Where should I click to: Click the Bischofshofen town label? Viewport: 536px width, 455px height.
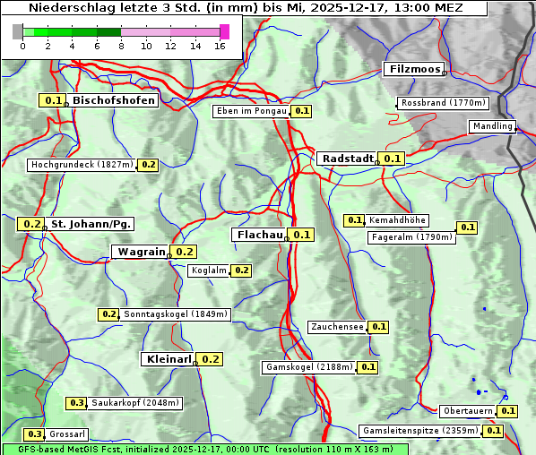tap(114, 101)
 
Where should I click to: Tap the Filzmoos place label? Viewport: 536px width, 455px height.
tap(413, 69)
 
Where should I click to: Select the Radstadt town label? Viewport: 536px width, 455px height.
tap(347, 159)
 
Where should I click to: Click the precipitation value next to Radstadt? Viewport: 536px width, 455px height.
tap(392, 159)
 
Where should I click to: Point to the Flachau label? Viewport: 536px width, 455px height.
tap(258, 235)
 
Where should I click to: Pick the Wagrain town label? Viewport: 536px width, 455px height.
tap(141, 252)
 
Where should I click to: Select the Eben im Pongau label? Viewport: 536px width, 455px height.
tap(251, 111)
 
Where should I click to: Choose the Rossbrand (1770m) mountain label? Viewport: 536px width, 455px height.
tap(443, 103)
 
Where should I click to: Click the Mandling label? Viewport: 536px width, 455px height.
tap(491, 126)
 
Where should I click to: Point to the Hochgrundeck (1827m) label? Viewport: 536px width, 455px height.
tap(82, 165)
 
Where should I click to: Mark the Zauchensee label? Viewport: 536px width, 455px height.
tap(337, 327)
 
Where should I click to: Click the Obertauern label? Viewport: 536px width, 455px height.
tap(468, 411)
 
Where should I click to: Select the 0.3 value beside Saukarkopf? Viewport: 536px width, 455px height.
tap(77, 403)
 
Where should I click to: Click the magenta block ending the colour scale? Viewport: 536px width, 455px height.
tap(224, 31)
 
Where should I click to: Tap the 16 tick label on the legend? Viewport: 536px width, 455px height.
tap(219, 46)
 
